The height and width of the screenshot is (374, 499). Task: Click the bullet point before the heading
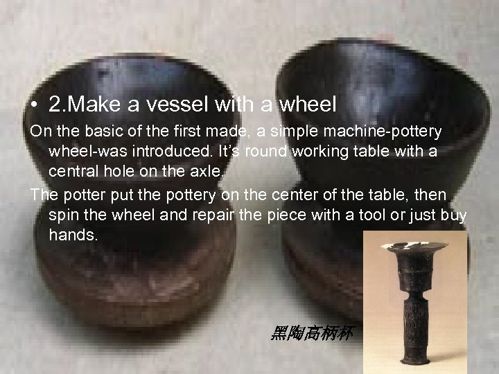click(x=35, y=105)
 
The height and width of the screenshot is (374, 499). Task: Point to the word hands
click(x=73, y=235)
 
